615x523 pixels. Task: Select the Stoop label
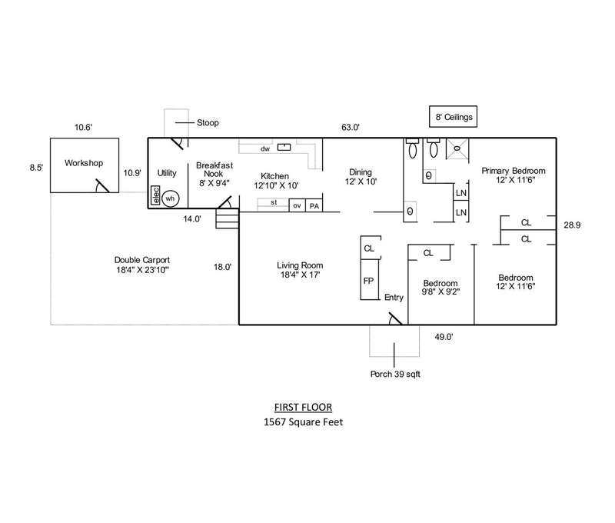pyautogui.click(x=208, y=122)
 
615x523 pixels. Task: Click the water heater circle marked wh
pyautogui.click(x=171, y=198)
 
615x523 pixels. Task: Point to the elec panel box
pyautogui.click(x=155, y=197)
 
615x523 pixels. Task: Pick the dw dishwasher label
pyautogui.click(x=264, y=148)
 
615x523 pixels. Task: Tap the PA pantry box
pyautogui.click(x=314, y=205)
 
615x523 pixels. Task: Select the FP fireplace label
pyautogui.click(x=368, y=281)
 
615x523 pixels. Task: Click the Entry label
pyautogui.click(x=394, y=298)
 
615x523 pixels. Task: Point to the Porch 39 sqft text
pyautogui.click(x=395, y=375)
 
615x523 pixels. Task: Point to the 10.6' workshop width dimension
pyautogui.click(x=84, y=128)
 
